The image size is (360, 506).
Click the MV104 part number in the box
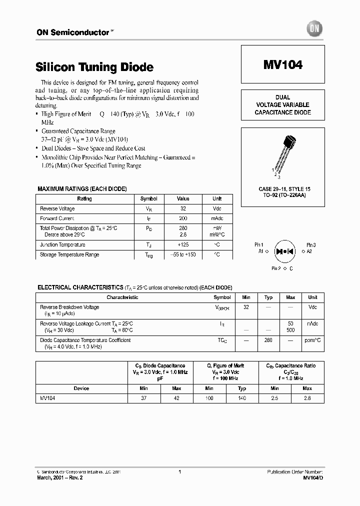(282, 65)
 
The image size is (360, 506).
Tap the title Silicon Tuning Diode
(94, 67)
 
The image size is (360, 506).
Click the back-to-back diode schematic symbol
(285, 251)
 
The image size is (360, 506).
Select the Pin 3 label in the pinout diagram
(311, 245)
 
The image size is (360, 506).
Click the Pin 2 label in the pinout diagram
(276, 268)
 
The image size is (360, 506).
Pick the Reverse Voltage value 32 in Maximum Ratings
(183, 208)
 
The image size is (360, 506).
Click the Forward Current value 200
(183, 218)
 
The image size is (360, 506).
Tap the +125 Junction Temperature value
(183, 244)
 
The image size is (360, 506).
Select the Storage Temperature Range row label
(69, 254)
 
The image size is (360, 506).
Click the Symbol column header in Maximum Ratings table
(148, 198)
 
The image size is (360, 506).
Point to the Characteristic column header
(122, 297)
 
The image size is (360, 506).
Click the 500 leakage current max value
(290, 330)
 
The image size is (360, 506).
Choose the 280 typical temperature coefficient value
(268, 340)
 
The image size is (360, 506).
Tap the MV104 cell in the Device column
(48, 398)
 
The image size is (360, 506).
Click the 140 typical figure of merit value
(241, 398)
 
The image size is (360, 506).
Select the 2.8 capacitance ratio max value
(307, 398)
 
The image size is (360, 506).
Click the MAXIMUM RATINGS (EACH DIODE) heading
(82, 188)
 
